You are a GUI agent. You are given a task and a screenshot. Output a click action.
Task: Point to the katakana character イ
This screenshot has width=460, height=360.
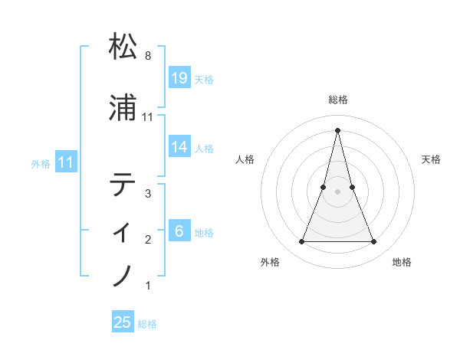click(x=123, y=231)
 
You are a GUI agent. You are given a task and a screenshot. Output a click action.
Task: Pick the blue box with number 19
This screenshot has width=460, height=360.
click(x=179, y=77)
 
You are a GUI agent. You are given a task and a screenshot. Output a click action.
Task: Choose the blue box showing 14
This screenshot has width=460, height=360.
click(x=179, y=146)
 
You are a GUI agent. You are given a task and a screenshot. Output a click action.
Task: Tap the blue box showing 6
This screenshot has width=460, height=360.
click(x=179, y=231)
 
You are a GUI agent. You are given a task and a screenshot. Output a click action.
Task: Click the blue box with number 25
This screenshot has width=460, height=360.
click(x=123, y=322)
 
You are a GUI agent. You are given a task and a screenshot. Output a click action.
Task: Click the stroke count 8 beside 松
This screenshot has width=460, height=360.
click(x=147, y=56)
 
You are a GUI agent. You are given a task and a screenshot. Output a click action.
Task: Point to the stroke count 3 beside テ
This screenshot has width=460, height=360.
click(x=147, y=194)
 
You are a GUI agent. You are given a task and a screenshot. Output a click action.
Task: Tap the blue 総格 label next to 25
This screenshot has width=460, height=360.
click(x=147, y=324)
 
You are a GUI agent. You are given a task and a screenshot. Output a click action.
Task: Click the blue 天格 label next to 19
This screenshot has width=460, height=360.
click(x=204, y=79)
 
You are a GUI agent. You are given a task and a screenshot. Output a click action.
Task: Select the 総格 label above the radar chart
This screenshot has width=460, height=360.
click(x=337, y=100)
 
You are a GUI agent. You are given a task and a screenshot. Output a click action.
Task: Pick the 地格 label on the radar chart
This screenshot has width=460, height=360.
click(x=402, y=262)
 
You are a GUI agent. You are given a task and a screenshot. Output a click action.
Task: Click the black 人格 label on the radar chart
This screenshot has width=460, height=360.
click(x=245, y=159)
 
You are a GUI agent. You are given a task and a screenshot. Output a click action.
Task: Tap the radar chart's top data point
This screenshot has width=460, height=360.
click(x=337, y=129)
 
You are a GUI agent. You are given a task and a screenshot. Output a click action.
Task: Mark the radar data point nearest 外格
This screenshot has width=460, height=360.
click(x=301, y=242)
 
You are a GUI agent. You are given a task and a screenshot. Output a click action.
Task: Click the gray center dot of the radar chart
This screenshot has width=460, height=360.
click(x=337, y=191)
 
